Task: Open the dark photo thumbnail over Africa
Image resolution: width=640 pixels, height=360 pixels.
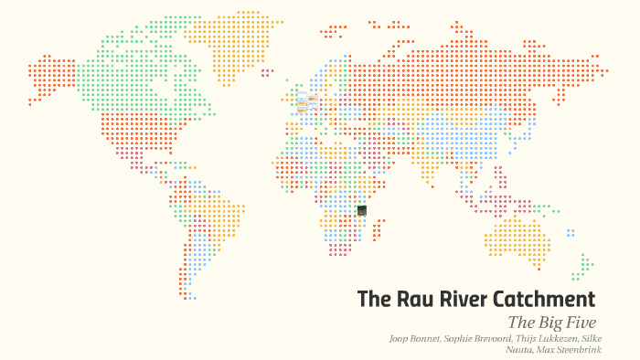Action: (362, 210)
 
